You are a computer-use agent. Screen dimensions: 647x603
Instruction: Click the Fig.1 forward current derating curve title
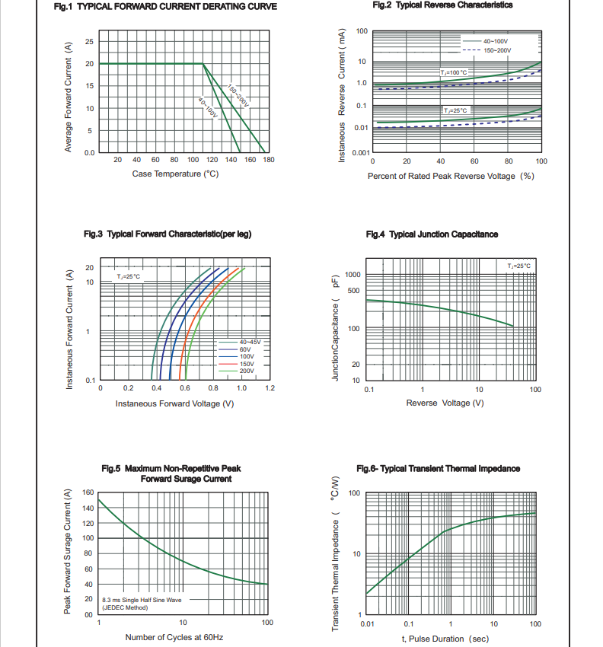(x=165, y=7)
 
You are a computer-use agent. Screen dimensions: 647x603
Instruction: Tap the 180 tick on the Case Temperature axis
(x=268, y=160)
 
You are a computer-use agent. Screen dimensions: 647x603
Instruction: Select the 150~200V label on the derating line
(x=238, y=96)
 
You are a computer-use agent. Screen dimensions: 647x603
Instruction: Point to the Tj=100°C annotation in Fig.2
(x=454, y=72)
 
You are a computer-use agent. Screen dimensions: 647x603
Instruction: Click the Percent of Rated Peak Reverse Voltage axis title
(x=451, y=176)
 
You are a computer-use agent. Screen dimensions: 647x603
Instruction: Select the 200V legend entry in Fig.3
(x=247, y=371)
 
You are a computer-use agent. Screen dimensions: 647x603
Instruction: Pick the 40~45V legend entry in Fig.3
(x=250, y=343)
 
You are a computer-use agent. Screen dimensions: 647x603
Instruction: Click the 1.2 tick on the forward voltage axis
(x=270, y=388)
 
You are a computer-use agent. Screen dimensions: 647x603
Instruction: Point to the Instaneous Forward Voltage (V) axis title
(x=174, y=403)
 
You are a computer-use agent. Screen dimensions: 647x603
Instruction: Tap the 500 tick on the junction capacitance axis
(x=353, y=290)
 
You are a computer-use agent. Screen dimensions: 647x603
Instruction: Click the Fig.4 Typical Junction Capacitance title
(x=432, y=234)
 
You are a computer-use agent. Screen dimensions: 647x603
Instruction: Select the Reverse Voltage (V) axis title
(x=445, y=403)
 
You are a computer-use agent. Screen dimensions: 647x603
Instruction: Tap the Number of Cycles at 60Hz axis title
(x=174, y=637)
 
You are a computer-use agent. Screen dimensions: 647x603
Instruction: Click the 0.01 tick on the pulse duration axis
(x=367, y=624)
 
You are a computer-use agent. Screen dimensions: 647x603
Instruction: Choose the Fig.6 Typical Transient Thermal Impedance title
(x=438, y=468)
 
